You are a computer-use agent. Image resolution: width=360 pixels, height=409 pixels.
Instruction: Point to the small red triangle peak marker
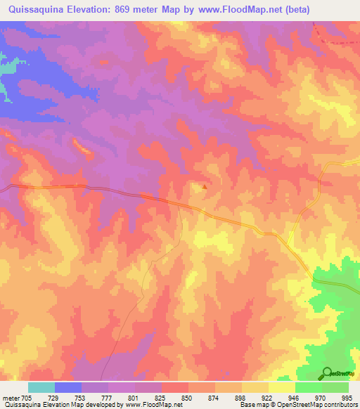pos(205,187)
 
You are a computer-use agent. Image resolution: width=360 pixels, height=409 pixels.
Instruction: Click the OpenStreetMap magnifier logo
pos(327,372)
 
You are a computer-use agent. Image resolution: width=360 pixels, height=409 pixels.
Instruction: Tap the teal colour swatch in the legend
pos(41,387)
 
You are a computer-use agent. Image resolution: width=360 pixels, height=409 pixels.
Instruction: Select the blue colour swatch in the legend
pos(68,387)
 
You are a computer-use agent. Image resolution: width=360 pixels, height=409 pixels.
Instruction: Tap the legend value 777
pos(106,398)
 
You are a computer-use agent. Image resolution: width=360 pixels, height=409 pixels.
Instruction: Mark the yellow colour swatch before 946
pos(281,387)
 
